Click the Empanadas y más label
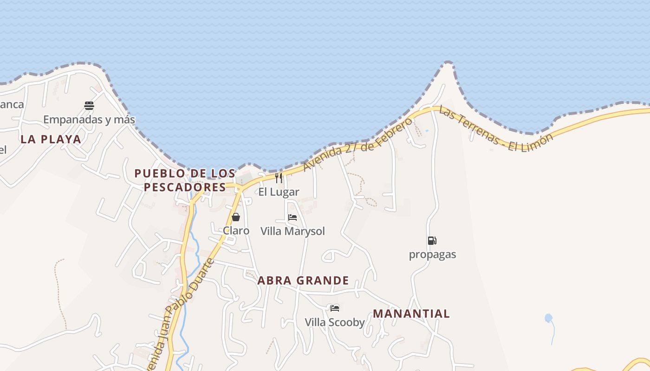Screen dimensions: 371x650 89,120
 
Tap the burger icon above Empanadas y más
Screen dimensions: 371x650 89,106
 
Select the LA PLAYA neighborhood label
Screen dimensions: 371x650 51,139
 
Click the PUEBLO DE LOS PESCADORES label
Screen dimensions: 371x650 185,180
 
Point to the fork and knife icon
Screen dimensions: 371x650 279,178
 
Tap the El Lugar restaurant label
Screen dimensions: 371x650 279,192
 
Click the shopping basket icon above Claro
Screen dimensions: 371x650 236,217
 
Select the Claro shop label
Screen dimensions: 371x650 236,230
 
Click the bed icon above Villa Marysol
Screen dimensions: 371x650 292,217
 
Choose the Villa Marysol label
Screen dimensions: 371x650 292,231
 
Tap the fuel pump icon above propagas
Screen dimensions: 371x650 432,241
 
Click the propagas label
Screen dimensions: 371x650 432,255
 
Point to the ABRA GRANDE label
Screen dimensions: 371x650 303,281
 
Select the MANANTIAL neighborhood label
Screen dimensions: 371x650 411,313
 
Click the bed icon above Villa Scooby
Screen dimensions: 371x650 334,308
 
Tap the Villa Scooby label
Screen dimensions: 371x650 334,322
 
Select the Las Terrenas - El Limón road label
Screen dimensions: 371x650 496,130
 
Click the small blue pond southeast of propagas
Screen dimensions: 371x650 548,318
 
